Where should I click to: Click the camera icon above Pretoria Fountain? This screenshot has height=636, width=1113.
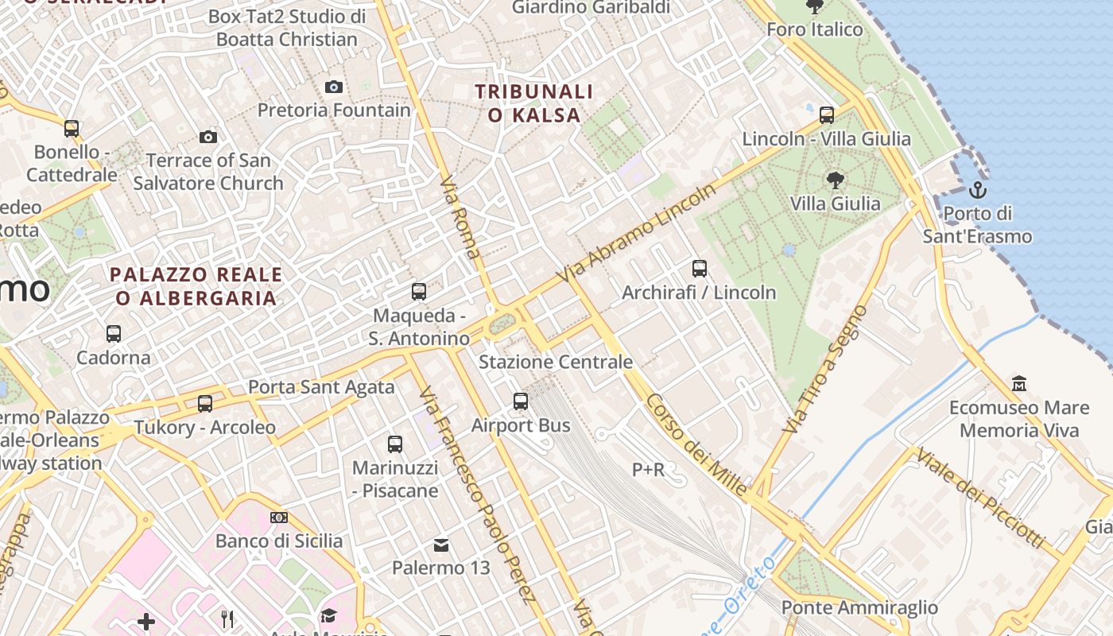tap(334, 87)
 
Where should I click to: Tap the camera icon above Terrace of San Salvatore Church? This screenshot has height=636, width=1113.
tap(208, 138)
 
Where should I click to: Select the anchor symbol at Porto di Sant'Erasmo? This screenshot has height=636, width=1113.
tap(978, 190)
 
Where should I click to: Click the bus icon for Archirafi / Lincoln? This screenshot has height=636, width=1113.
tap(700, 269)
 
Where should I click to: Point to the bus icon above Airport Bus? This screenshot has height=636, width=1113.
tap(521, 401)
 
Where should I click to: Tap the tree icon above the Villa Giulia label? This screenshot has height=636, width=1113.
tap(835, 180)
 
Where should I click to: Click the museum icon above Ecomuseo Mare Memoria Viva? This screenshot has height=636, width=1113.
tap(1019, 384)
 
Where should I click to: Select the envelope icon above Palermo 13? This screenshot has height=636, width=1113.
tap(441, 545)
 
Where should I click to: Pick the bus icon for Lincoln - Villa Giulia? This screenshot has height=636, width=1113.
tap(827, 115)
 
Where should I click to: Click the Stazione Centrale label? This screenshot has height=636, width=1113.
tap(556, 363)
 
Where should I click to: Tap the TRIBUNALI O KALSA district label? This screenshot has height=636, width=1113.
tap(534, 103)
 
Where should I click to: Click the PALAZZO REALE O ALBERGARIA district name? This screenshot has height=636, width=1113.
tap(196, 286)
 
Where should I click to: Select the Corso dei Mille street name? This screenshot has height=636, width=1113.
tap(696, 444)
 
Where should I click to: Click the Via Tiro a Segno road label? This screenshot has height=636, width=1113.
tap(823, 369)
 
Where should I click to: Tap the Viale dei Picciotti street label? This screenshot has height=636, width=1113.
tap(979, 498)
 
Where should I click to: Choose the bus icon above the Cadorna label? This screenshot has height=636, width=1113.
tap(114, 334)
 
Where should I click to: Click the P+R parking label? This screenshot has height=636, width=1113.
tap(648, 470)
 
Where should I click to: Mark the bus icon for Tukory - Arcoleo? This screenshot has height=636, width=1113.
tap(205, 404)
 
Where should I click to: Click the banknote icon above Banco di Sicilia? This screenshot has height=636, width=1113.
tap(279, 518)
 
